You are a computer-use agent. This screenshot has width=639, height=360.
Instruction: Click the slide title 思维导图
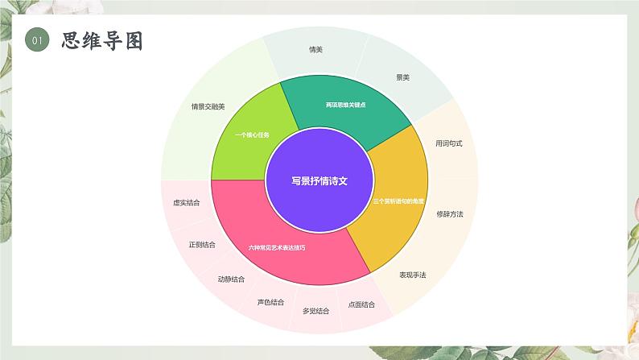pos(101,41)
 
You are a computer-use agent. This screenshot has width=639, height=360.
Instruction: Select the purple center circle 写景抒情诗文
pos(319,181)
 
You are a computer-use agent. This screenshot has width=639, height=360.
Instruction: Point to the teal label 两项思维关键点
pos(346,105)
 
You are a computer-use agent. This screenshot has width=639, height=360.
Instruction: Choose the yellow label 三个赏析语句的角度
pos(399,201)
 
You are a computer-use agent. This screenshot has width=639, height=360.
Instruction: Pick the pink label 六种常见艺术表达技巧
pos(277,247)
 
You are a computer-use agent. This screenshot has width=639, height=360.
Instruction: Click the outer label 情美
pos(316,50)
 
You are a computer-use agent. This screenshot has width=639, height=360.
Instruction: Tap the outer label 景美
pos(402,77)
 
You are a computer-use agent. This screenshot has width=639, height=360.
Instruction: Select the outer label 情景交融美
pos(208,106)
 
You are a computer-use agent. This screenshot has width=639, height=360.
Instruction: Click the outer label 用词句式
pos(449,143)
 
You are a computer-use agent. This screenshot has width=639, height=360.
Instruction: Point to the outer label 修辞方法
pos(450,214)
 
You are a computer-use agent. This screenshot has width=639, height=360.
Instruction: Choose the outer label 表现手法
pos(413,275)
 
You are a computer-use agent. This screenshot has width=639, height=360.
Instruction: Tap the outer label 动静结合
pos(231,279)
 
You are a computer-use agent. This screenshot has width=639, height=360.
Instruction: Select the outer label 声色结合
pos(270,302)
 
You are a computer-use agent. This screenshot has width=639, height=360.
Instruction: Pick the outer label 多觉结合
pos(315,311)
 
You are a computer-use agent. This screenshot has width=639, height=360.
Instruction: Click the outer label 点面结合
pos(361,304)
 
